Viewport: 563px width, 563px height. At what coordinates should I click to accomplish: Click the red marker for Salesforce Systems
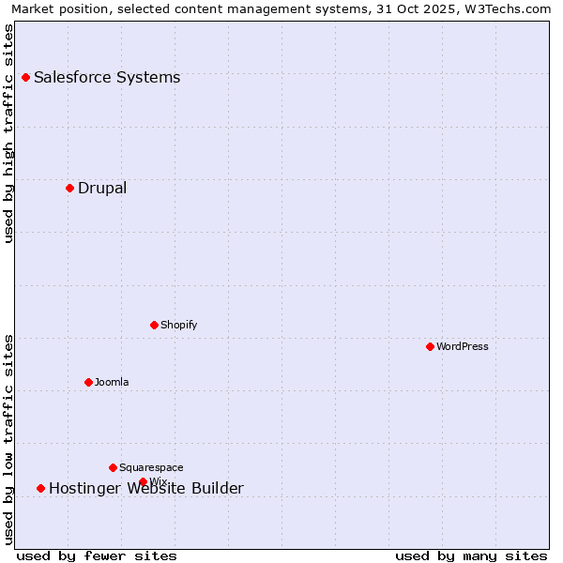click(x=25, y=77)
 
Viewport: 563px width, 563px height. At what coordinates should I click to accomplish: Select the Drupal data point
click(x=69, y=188)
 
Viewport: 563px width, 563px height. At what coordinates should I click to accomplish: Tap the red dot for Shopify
click(x=154, y=325)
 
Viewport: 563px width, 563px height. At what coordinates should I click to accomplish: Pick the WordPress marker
click(x=430, y=346)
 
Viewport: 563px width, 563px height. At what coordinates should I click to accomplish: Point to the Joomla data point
click(x=88, y=382)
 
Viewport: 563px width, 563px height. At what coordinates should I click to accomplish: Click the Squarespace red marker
click(x=113, y=467)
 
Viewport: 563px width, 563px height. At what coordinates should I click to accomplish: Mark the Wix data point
click(x=143, y=482)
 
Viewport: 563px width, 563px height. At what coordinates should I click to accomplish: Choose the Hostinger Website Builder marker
click(x=40, y=488)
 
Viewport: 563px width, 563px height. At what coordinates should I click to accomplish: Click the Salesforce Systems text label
click(x=107, y=77)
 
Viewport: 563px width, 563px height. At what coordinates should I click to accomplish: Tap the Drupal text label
click(x=102, y=188)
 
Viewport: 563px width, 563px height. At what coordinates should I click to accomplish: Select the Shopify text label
click(x=178, y=325)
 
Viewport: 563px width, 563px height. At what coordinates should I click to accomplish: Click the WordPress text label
click(x=463, y=346)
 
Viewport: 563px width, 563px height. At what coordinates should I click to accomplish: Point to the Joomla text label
click(x=112, y=382)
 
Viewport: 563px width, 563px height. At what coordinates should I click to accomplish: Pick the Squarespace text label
click(x=151, y=467)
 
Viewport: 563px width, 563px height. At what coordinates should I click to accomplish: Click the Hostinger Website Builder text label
click(x=146, y=489)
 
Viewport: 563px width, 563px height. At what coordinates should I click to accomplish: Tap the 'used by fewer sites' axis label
click(x=97, y=555)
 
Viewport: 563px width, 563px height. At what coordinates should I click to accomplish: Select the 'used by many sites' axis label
click(x=471, y=555)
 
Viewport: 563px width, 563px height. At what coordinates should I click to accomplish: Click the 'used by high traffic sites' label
click(x=9, y=133)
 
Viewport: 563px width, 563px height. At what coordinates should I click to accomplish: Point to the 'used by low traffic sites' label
click(x=9, y=438)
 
